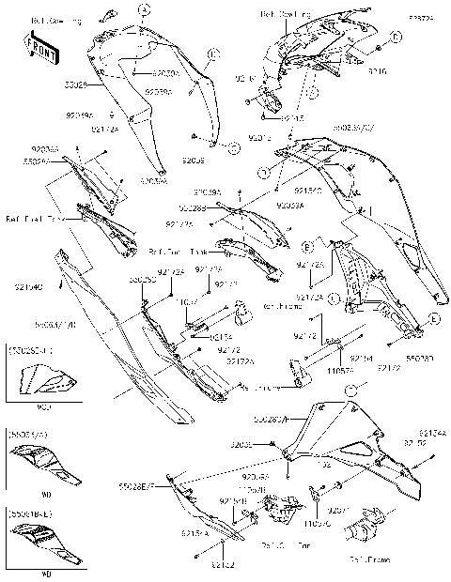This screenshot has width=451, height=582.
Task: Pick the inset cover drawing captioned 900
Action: coord(45,383)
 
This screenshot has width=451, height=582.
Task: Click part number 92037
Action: coord(338,511)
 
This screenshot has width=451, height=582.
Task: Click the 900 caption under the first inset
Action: coord(45,408)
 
